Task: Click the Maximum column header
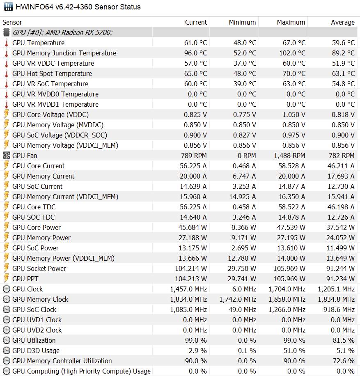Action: coord(291,22)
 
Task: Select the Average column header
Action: coord(343,22)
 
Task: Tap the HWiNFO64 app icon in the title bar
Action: coord(9,7)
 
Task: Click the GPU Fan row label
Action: coord(25,156)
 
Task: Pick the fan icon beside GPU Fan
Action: coord(7,156)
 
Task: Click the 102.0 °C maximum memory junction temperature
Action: coord(292,53)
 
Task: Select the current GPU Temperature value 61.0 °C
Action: coord(195,43)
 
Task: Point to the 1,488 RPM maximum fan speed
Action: coord(289,156)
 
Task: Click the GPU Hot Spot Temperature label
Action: coord(52,73)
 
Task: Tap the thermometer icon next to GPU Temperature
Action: coord(7,43)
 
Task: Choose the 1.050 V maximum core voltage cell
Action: coord(294,115)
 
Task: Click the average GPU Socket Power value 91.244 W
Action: coord(340,268)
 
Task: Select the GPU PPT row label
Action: coord(25,279)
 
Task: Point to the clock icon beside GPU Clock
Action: coord(7,289)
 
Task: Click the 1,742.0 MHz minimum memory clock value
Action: coord(238,300)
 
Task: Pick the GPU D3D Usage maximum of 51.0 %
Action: coord(294,351)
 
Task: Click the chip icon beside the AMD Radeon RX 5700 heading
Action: coord(7,32)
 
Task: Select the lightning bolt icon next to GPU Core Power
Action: coord(7,227)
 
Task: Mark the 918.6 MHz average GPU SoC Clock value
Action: coord(339,310)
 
